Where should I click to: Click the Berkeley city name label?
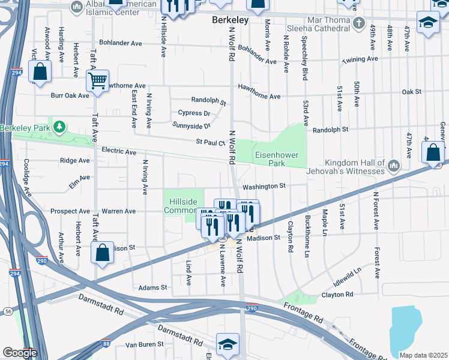click(231, 20)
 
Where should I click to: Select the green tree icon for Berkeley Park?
click(59, 127)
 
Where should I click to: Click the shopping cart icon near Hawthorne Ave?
click(97, 80)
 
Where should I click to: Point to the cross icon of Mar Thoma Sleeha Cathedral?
click(358, 23)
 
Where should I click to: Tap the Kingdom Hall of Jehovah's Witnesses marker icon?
click(394, 164)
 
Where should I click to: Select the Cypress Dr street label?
click(194, 113)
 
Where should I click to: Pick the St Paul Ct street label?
click(210, 143)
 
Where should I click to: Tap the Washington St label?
click(264, 187)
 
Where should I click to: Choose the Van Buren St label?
click(143, 344)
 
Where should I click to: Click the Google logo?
click(20, 353)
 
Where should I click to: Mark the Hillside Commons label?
click(181, 206)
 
